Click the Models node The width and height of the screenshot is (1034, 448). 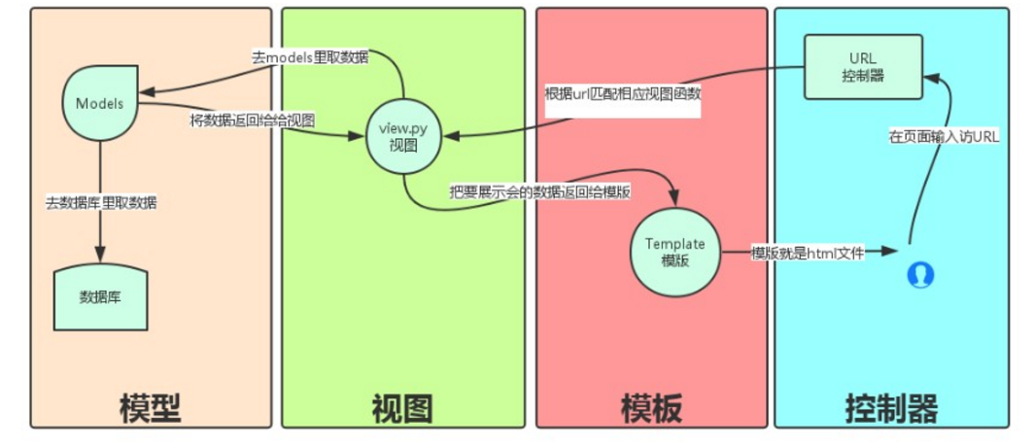(x=100, y=104)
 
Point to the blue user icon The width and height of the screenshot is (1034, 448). (x=919, y=275)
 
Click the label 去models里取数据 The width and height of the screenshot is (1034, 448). (x=308, y=57)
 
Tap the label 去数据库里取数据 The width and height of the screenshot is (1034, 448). (x=101, y=203)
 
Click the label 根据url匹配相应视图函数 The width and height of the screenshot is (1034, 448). (x=622, y=95)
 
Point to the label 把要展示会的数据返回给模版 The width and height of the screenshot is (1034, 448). (x=540, y=191)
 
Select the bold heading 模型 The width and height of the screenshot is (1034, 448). (x=151, y=407)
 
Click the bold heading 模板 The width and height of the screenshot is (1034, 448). (x=651, y=407)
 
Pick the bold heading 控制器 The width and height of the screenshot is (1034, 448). (x=892, y=407)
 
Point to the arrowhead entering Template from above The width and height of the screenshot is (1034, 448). (x=672, y=200)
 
